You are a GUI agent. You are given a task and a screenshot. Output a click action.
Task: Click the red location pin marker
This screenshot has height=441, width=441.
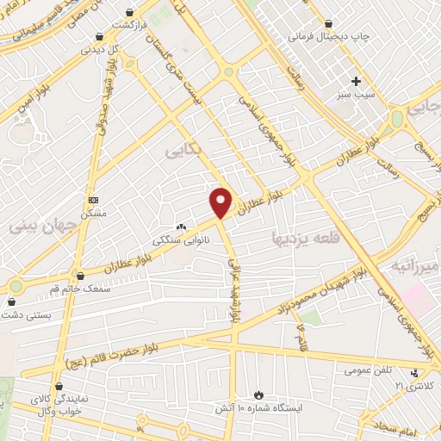pyautogui.click(x=221, y=202)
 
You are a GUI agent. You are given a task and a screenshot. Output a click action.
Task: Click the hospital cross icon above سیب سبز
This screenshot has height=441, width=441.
pyautogui.click(x=355, y=81)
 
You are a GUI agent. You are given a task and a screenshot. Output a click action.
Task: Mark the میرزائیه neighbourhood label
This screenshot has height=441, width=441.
pyautogui.click(x=416, y=266)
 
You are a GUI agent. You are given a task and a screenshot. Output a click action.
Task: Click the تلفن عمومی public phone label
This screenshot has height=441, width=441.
pyautogui.click(x=369, y=370)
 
